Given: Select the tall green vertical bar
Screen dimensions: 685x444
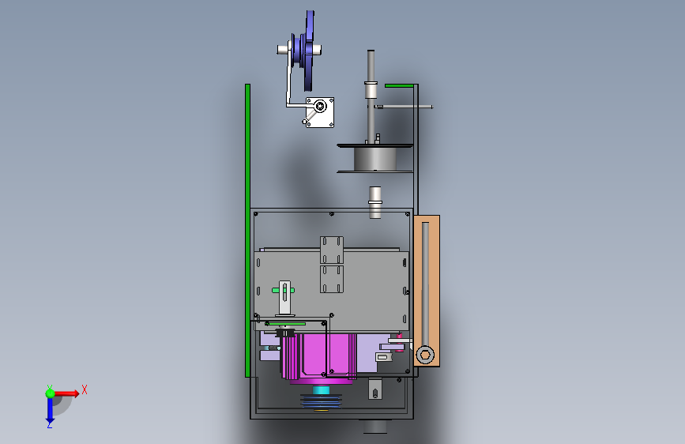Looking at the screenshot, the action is [x=248, y=231].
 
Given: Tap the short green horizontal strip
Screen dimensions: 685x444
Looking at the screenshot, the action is [x=399, y=85].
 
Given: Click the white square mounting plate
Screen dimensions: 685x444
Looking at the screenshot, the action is [x=320, y=112].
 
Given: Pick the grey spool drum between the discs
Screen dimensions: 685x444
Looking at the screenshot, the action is [x=374, y=159].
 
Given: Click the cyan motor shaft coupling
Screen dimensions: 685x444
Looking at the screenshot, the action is [x=321, y=390].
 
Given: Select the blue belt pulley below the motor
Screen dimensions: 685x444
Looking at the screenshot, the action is [x=321, y=402].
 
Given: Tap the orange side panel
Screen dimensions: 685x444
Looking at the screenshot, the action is [x=427, y=291].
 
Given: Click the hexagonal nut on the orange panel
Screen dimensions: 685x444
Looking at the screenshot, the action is [x=425, y=355].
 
